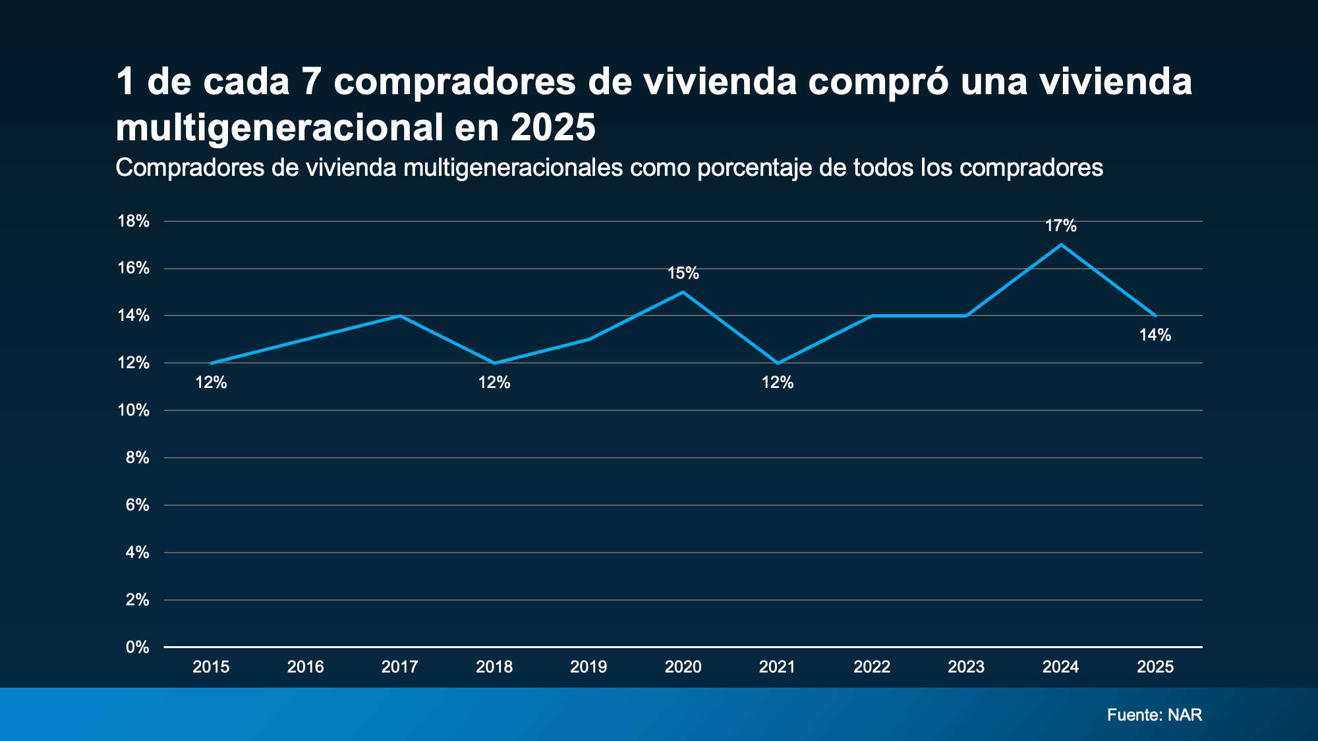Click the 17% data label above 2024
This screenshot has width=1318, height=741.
(x=1060, y=226)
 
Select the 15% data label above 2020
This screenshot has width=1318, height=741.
(x=683, y=273)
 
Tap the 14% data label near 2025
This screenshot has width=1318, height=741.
(x=1155, y=335)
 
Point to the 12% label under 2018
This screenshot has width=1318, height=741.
(x=494, y=383)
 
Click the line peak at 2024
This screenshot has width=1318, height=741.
(x=1060, y=245)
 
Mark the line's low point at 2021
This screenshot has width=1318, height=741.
(x=778, y=363)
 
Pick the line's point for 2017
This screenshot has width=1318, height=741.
(x=400, y=316)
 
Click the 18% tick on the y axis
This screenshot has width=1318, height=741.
(x=134, y=221)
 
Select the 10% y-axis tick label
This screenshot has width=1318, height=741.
(x=134, y=410)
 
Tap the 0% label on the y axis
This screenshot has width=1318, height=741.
(x=137, y=647)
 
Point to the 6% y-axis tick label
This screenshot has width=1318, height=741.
(x=137, y=505)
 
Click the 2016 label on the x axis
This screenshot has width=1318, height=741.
(x=305, y=667)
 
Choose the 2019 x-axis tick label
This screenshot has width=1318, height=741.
(x=588, y=667)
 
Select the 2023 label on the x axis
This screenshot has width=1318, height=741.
(x=966, y=667)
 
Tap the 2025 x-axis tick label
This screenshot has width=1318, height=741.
(x=1155, y=667)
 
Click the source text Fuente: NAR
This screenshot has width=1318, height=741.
(x=1154, y=715)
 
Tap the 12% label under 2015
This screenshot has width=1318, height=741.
(x=211, y=383)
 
